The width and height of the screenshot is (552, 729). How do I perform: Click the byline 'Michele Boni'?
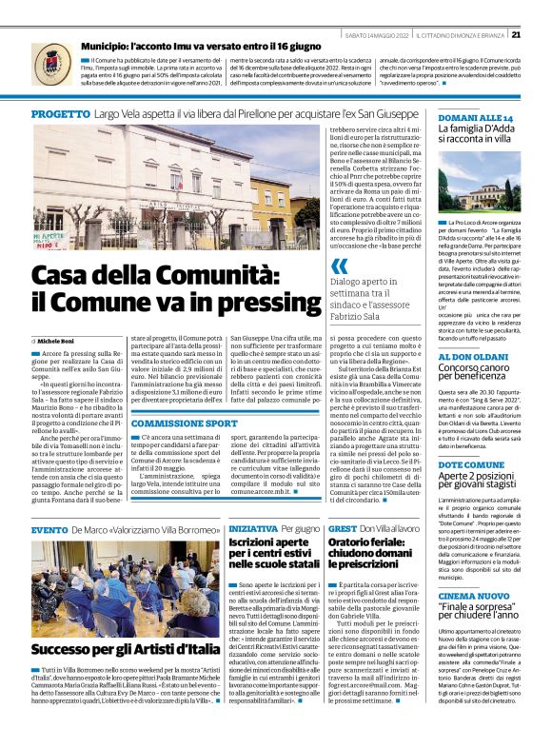55,339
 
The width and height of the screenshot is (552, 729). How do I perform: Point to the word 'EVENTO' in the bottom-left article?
49,528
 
